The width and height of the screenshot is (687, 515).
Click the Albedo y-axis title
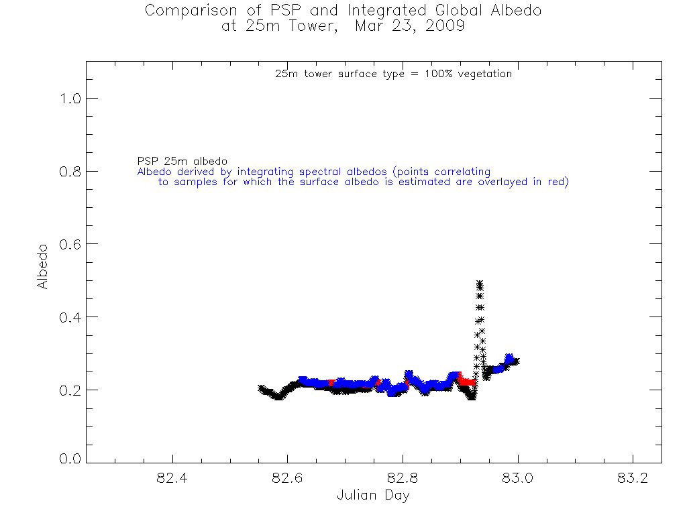[43, 266]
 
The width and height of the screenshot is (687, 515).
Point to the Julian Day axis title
[373, 496]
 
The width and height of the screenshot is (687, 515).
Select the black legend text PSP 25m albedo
[182, 162]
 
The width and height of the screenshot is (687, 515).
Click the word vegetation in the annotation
[484, 74]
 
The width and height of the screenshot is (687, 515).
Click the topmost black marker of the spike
[480, 283]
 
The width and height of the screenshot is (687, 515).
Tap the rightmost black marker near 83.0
[516, 361]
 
